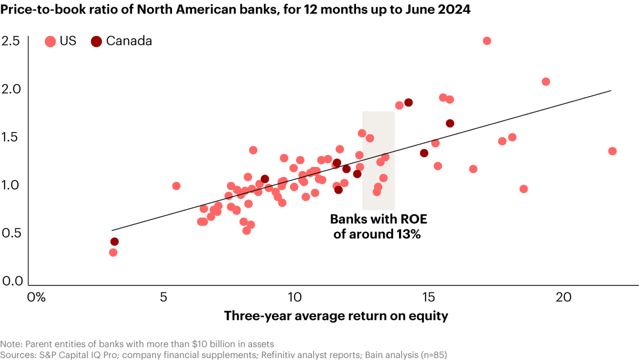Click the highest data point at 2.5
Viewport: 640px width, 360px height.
pos(487,41)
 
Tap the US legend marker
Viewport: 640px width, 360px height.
pos(50,41)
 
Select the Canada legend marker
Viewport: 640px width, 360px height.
pos(96,41)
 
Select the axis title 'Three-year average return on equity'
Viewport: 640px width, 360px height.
pos(336,316)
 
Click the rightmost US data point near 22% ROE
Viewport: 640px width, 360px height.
pos(612,151)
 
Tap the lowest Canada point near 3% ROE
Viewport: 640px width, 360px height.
pos(114,242)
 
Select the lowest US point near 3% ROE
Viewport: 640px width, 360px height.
pos(113,252)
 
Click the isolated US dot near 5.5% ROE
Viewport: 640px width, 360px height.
pos(176,186)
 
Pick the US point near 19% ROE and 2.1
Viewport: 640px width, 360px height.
pos(546,82)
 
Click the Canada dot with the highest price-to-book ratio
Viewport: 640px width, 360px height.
pos(408,103)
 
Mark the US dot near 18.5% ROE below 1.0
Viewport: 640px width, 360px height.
pos(524,189)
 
